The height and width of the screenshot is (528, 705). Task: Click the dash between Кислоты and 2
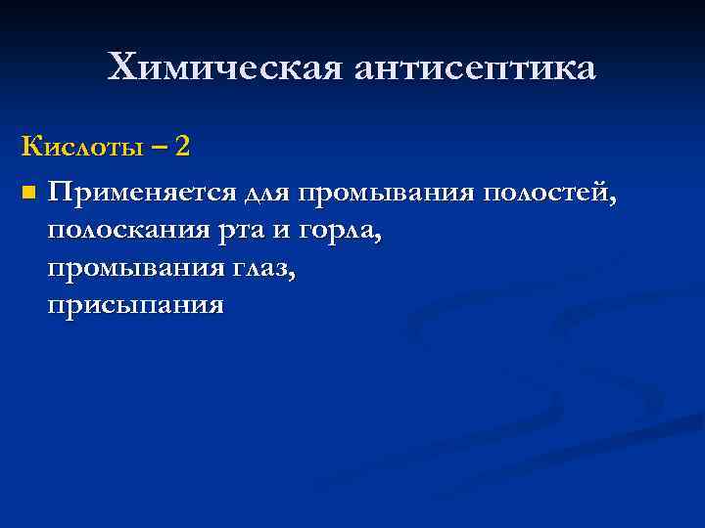pyautogui.click(x=159, y=148)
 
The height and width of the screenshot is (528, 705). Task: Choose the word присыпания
pyautogui.click(x=135, y=306)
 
